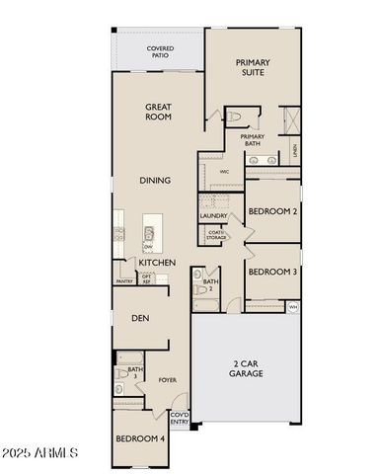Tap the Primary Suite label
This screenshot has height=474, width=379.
coord(253,67)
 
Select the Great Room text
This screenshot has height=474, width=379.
coord(159,112)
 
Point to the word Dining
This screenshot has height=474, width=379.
coord(156,181)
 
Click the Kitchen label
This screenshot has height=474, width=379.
coord(157,263)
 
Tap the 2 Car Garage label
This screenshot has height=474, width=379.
coord(247,369)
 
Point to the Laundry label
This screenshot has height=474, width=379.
coord(214,215)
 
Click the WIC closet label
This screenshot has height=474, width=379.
coord(224,171)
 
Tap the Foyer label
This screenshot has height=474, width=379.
coord(168,379)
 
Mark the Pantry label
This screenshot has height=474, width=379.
coord(124,281)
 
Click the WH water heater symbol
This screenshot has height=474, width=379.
coord(293,307)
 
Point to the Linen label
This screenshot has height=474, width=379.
coord(294,150)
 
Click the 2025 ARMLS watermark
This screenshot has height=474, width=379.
coord(41,453)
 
